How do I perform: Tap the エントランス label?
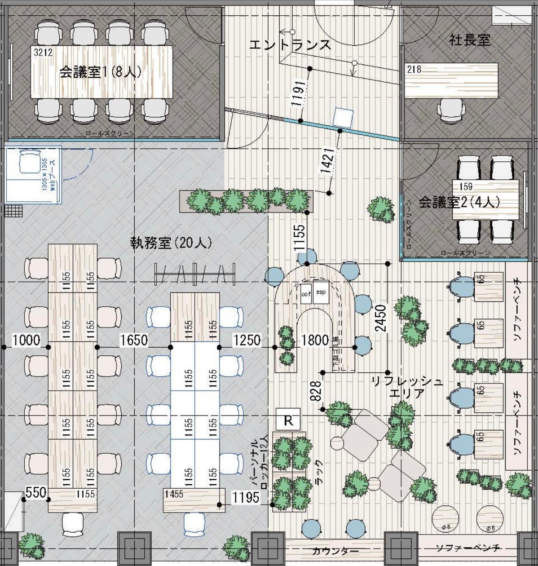pyautogui.click(x=290, y=45)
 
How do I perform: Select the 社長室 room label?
pyautogui.click(x=469, y=40)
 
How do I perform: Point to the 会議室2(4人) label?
pyautogui.click(x=459, y=203)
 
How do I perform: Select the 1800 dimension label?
pyautogui.click(x=315, y=340)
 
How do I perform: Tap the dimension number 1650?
pyautogui.click(x=134, y=340)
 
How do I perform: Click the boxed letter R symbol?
pyautogui.click(x=288, y=421)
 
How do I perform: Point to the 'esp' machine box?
pyautogui.click(x=321, y=292)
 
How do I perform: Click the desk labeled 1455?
pyautogui.click(x=193, y=499)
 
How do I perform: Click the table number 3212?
pyautogui.click(x=43, y=53)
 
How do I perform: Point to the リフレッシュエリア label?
pyautogui.click(x=406, y=388)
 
